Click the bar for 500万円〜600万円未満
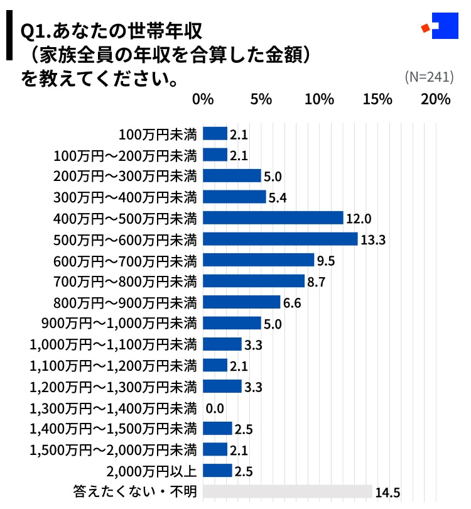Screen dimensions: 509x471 pyautogui.click(x=281, y=239)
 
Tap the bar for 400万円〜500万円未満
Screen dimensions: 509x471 pyautogui.click(x=273, y=217)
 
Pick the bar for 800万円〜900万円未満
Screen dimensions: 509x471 pyautogui.click(x=242, y=302)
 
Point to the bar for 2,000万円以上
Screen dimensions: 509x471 pyautogui.click(x=218, y=471)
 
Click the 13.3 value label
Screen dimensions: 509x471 pyautogui.click(x=372, y=239)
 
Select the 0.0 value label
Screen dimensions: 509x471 pyautogui.click(x=215, y=408)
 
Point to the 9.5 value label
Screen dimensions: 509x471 pyautogui.click(x=327, y=260)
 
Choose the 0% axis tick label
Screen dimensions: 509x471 pyautogui.click(x=203, y=99)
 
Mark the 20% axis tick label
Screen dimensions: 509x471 pyautogui.click(x=436, y=99)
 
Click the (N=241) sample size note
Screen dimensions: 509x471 pyautogui.click(x=430, y=77)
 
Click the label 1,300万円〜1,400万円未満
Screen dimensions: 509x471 pyautogui.click(x=114, y=408)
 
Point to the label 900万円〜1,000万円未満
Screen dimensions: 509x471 pyautogui.click(x=119, y=324)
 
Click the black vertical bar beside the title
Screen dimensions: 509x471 pyautogui.click(x=9, y=37)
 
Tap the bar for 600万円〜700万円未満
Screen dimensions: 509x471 pyautogui.click(x=259, y=260)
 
